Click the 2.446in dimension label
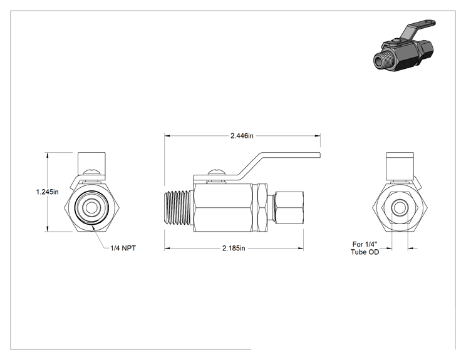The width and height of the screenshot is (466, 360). [242, 136]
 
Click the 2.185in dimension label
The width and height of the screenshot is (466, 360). [234, 248]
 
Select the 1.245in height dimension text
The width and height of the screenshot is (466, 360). [47, 192]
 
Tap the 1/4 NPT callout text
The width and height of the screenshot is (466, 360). [123, 248]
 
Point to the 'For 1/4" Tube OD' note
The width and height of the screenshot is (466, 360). [365, 248]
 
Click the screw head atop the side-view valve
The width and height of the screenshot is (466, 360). [217, 172]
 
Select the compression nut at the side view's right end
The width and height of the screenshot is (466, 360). [289, 207]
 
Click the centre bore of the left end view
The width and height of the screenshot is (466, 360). [91, 208]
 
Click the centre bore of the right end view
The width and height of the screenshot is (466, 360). [399, 208]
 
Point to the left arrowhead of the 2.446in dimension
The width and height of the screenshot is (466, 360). [167, 136]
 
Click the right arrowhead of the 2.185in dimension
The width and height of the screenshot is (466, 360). [301, 248]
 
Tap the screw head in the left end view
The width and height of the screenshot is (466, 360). [91, 172]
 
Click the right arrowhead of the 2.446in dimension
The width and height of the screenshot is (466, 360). [318, 136]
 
